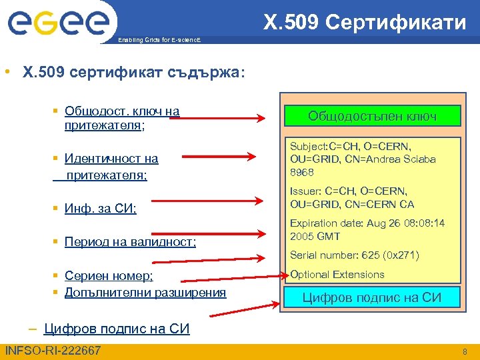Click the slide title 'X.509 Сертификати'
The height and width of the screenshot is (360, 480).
(x=365, y=23)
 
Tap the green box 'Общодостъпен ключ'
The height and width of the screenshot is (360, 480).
(x=372, y=116)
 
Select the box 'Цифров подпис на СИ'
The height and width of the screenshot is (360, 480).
(x=372, y=297)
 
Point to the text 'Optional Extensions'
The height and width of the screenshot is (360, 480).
(x=337, y=275)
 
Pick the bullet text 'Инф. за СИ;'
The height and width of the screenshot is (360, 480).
(x=101, y=209)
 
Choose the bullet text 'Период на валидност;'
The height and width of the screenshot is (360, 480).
(x=130, y=242)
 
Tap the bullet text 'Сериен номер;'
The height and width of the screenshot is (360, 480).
(x=109, y=277)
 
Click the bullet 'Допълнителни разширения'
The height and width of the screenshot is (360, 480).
(x=145, y=292)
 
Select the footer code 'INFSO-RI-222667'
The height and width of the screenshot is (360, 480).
(x=53, y=351)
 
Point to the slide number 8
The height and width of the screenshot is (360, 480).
(x=465, y=351)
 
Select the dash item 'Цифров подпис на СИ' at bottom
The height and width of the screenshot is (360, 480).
(x=117, y=329)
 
